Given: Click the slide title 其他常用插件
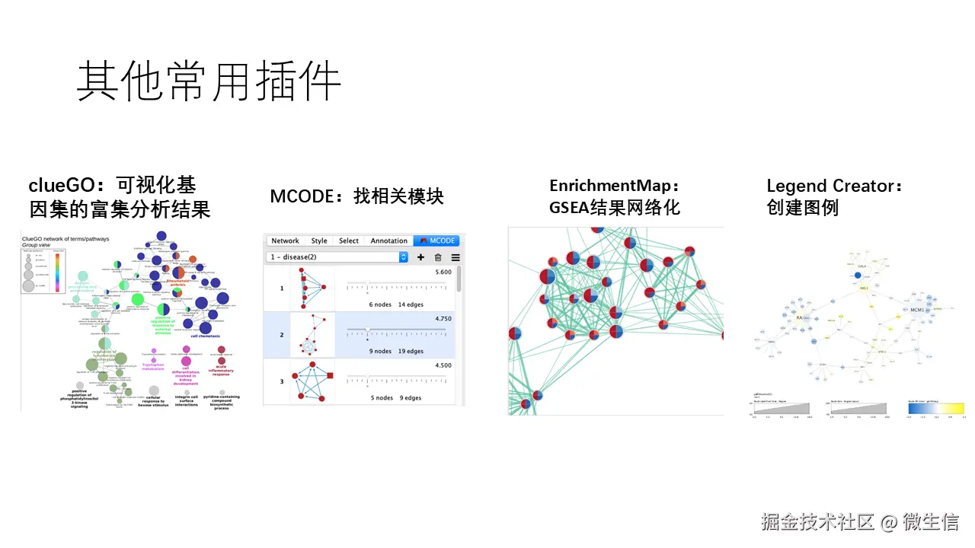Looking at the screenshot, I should click(x=208, y=81).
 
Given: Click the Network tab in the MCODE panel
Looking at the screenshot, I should click(x=286, y=241).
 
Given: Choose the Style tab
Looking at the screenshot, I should click(x=319, y=241).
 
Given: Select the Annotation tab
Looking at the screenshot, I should click(x=388, y=241).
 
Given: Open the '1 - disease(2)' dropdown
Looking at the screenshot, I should click(x=337, y=257).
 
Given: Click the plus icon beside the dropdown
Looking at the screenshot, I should click(x=420, y=257).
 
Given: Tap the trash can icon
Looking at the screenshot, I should click(x=438, y=257).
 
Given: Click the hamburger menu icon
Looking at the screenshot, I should click(x=456, y=257).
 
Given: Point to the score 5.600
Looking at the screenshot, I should click(x=443, y=272).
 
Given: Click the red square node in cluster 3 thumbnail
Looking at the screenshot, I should click(x=329, y=374).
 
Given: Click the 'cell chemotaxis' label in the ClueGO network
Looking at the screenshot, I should click(x=205, y=336).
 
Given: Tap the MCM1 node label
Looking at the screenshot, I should click(x=917, y=311).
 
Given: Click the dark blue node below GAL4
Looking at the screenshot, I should click(x=858, y=275).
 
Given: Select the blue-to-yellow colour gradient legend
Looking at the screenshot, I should click(x=936, y=408).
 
